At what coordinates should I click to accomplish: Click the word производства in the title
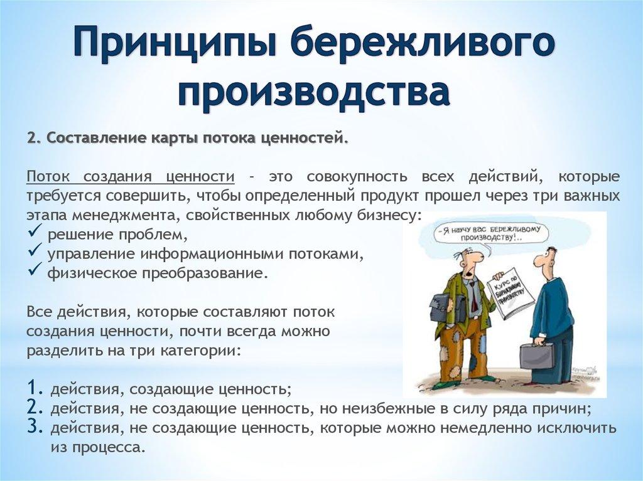(x=314, y=92)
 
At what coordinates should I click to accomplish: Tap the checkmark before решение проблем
(x=35, y=235)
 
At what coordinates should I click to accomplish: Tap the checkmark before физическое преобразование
(x=35, y=272)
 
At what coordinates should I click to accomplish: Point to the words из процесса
(x=98, y=448)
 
